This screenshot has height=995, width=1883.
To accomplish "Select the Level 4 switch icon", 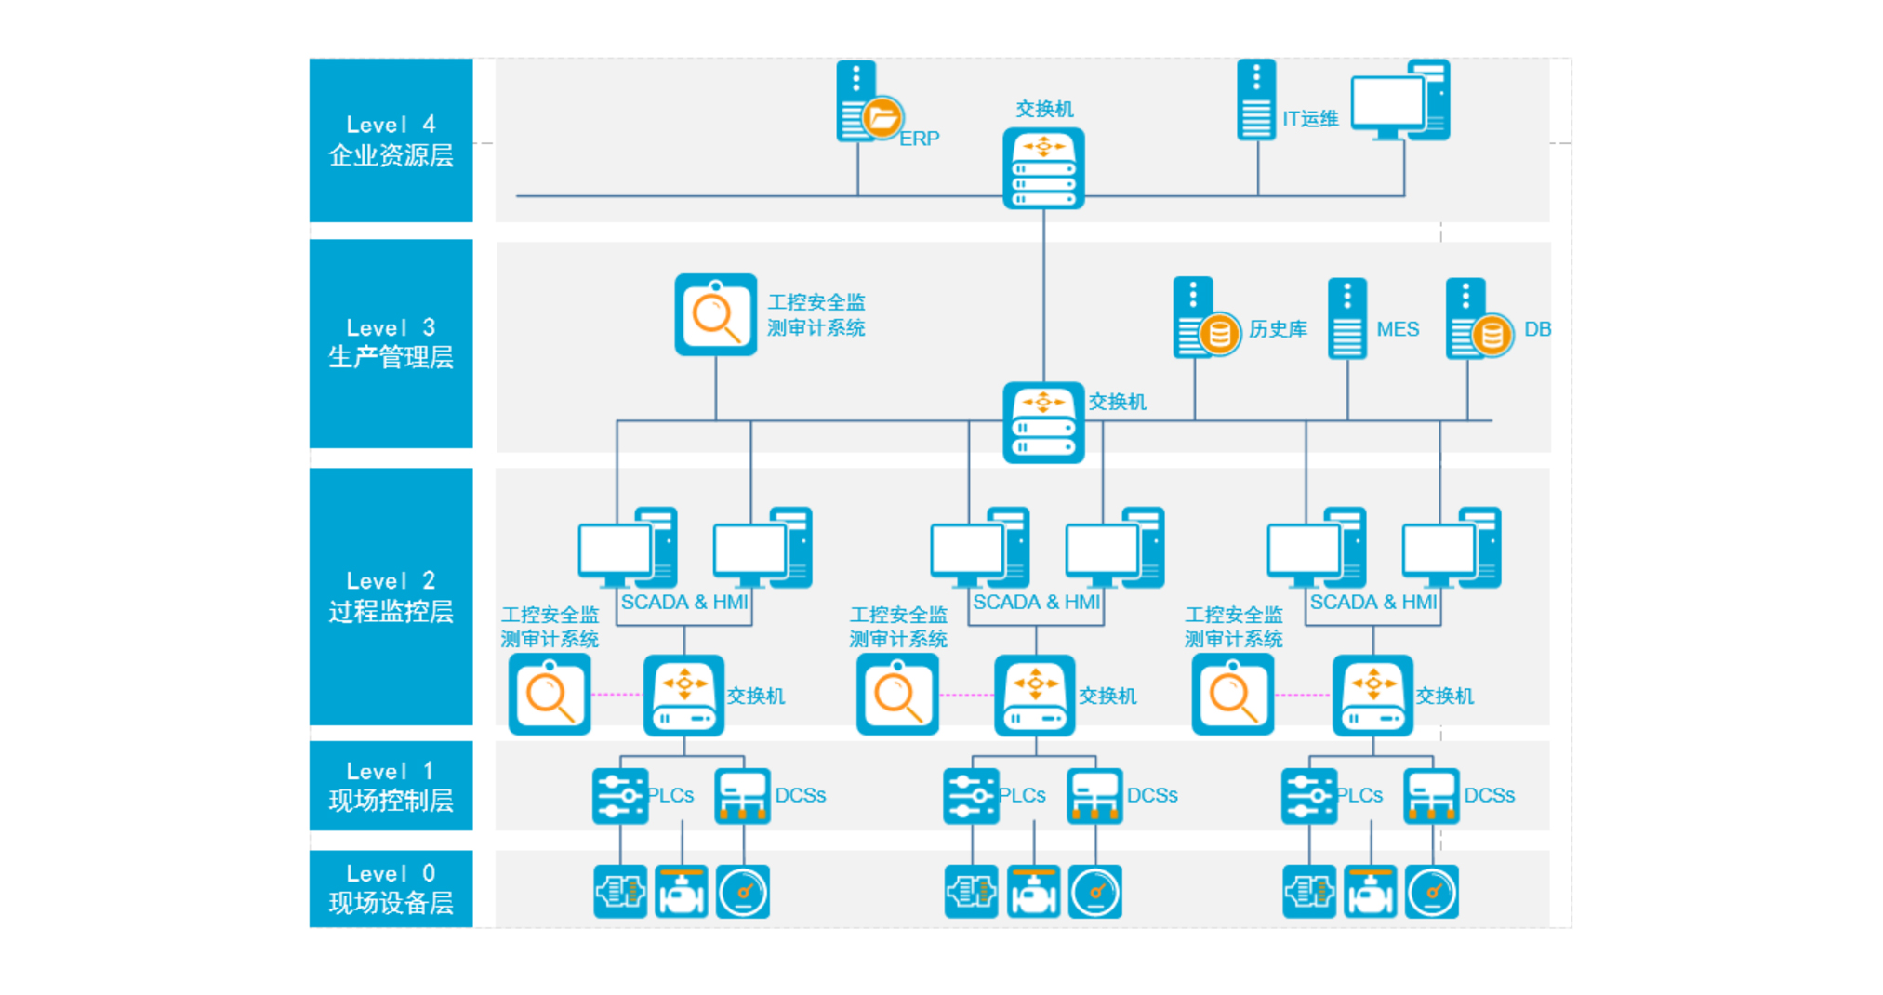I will click(1043, 168).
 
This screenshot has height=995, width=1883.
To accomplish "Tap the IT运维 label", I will click(1310, 119).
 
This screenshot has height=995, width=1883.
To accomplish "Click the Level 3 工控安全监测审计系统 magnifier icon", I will click(715, 314).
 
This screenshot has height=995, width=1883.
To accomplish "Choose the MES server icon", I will click(1347, 318).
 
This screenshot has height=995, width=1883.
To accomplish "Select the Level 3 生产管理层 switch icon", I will click(1043, 422).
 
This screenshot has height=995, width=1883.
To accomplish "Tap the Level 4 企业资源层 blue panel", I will click(391, 139).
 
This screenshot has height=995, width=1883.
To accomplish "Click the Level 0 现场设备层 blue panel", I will click(391, 888).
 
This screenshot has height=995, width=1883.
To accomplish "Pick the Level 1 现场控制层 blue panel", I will click(391, 786).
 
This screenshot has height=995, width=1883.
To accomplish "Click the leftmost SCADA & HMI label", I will click(684, 603).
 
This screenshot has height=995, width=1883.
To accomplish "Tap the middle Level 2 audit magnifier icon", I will click(897, 694).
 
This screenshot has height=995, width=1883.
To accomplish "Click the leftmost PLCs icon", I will click(620, 796).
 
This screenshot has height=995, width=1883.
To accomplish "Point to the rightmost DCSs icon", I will click(1431, 796).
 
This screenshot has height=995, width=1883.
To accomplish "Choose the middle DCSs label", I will click(1152, 796).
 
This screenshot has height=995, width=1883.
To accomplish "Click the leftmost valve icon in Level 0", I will click(682, 892).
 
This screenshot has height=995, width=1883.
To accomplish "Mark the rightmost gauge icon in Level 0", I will click(1431, 892).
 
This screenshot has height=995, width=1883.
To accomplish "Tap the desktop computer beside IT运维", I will click(1399, 100).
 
